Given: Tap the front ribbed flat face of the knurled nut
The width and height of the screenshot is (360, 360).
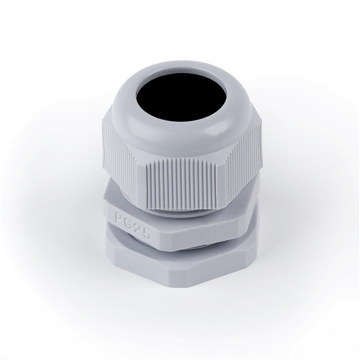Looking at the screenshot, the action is (x=181, y=184).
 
